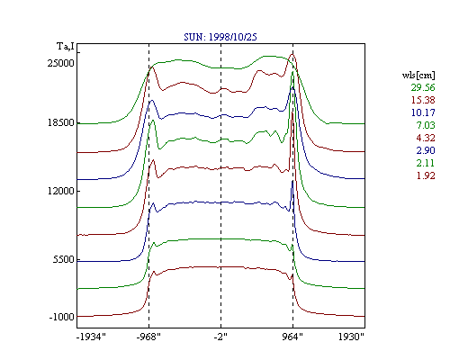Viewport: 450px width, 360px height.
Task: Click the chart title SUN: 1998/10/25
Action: (x=220, y=37)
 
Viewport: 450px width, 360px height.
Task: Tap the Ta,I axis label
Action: (x=66, y=47)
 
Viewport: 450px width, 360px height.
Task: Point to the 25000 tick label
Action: (x=61, y=63)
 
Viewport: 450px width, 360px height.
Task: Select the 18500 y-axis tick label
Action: (x=61, y=122)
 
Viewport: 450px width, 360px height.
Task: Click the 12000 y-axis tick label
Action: (x=61, y=191)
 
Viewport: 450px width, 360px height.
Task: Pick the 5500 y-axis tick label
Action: (x=63, y=259)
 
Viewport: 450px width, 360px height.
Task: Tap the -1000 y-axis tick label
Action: (x=61, y=317)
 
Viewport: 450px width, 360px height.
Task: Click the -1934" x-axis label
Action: (x=91, y=337)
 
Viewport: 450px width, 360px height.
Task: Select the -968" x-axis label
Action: (x=148, y=337)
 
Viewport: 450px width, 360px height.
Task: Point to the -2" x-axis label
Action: (x=220, y=337)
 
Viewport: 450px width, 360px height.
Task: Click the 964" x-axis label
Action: (x=292, y=337)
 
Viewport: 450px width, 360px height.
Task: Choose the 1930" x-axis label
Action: (x=351, y=337)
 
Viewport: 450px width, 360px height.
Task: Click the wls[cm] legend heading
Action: (x=418, y=76)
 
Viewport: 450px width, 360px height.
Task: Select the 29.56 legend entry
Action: (x=423, y=87)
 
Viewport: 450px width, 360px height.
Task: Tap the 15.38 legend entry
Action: (x=423, y=100)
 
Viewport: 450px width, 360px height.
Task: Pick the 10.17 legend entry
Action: (x=423, y=112)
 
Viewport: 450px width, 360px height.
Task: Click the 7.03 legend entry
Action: (x=426, y=125)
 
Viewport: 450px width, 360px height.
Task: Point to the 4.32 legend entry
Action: (x=426, y=138)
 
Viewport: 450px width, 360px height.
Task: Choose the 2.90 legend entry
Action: (x=426, y=150)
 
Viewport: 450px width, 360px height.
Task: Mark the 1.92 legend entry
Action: (x=426, y=175)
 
